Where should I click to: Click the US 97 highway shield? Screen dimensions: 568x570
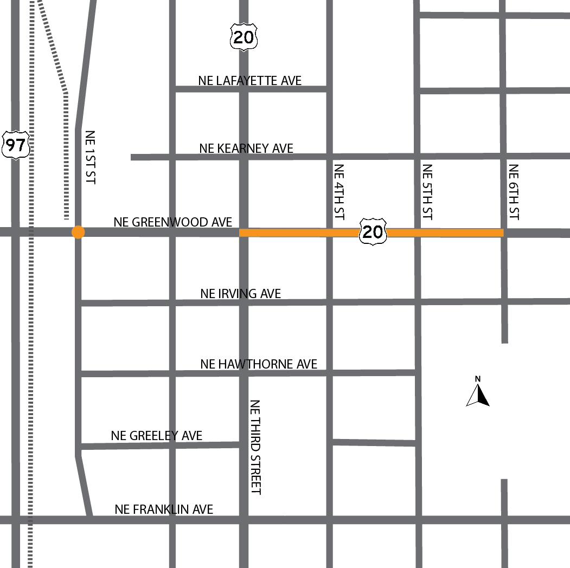[16, 145]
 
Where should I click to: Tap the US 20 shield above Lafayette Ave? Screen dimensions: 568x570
[244, 36]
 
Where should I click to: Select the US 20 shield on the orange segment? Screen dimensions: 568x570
[373, 231]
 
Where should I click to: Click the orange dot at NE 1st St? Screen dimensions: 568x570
[78, 232]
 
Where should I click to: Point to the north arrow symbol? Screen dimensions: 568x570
[478, 395]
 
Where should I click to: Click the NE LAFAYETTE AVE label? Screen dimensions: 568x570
[249, 81]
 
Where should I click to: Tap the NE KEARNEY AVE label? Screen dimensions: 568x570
[246, 148]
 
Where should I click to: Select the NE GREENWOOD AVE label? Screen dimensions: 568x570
[172, 222]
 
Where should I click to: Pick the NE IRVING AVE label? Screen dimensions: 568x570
[240, 293]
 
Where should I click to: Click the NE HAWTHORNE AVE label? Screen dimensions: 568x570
[259, 364]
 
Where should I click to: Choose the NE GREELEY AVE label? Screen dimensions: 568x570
[156, 436]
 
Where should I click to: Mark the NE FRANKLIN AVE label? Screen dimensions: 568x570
[164, 509]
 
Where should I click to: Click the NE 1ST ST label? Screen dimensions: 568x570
[90, 157]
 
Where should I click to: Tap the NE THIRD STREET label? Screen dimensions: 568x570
[255, 447]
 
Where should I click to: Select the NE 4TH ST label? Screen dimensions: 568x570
[339, 192]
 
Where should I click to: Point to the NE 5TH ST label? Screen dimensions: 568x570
[427, 192]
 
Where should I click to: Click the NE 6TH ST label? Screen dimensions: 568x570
[514, 192]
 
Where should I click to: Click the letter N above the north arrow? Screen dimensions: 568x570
[478, 379]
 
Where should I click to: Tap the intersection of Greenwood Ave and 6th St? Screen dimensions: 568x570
[504, 233]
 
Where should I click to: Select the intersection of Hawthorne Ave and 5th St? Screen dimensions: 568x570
[418, 372]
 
